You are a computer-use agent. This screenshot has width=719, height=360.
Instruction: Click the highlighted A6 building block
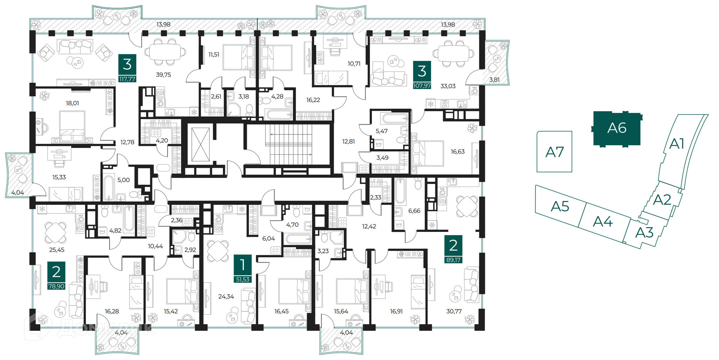(617, 128)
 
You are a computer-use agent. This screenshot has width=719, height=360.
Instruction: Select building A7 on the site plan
(554, 152)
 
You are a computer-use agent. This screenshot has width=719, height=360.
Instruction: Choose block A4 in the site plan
(603, 221)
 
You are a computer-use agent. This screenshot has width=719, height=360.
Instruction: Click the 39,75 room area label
(163, 75)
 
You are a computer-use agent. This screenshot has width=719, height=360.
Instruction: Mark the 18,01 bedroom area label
(72, 103)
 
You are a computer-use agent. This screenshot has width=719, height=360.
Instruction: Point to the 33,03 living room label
(448, 86)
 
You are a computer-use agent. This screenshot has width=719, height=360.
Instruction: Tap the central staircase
(289, 144)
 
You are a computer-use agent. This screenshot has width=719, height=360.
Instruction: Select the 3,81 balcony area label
(494, 80)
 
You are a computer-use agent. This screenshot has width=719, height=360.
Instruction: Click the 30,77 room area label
(454, 311)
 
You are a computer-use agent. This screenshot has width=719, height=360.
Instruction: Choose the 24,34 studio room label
(226, 297)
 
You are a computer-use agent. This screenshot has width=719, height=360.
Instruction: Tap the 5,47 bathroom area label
(382, 131)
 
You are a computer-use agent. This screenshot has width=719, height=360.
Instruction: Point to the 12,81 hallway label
(348, 142)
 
